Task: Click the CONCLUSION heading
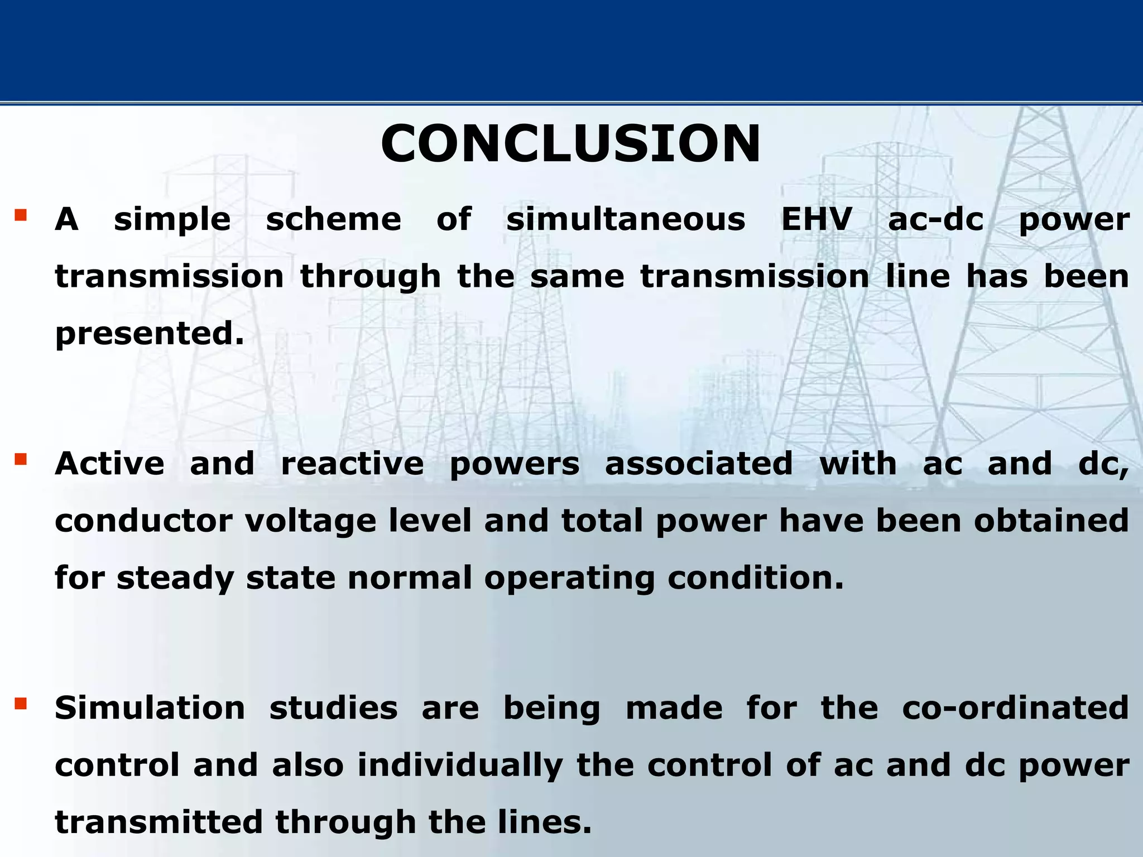tap(570, 144)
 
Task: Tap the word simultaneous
tap(626, 219)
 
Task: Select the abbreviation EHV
tap(817, 219)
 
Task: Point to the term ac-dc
tap(936, 219)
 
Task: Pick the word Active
tap(110, 464)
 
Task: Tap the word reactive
tap(352, 464)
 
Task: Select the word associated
tap(699, 464)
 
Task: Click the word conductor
tap(143, 521)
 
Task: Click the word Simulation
tap(150, 708)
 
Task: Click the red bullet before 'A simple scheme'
tap(21, 215)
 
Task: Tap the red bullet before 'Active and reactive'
tap(21, 459)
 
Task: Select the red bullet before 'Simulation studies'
tap(21, 704)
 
